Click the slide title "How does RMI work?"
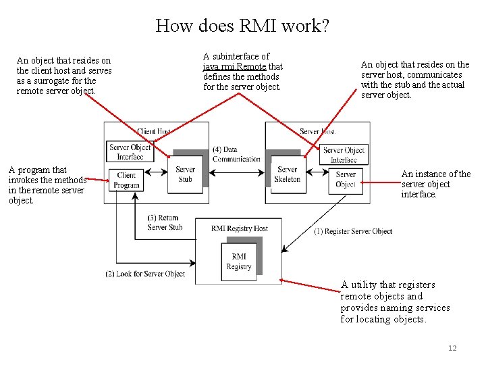coord(242,26)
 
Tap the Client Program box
coord(126,180)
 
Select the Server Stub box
coord(185,174)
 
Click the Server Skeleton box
coord(288,174)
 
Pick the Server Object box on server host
coord(346,179)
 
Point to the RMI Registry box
coord(239,262)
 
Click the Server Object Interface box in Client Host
coord(130,152)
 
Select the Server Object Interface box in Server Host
coord(344,155)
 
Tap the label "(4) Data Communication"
coord(236,154)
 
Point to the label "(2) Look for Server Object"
coord(145,274)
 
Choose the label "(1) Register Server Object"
coord(353,231)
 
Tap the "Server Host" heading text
coord(318,131)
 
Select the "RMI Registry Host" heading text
coord(239,228)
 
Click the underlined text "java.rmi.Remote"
coord(234,66)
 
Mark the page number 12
coord(452,348)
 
